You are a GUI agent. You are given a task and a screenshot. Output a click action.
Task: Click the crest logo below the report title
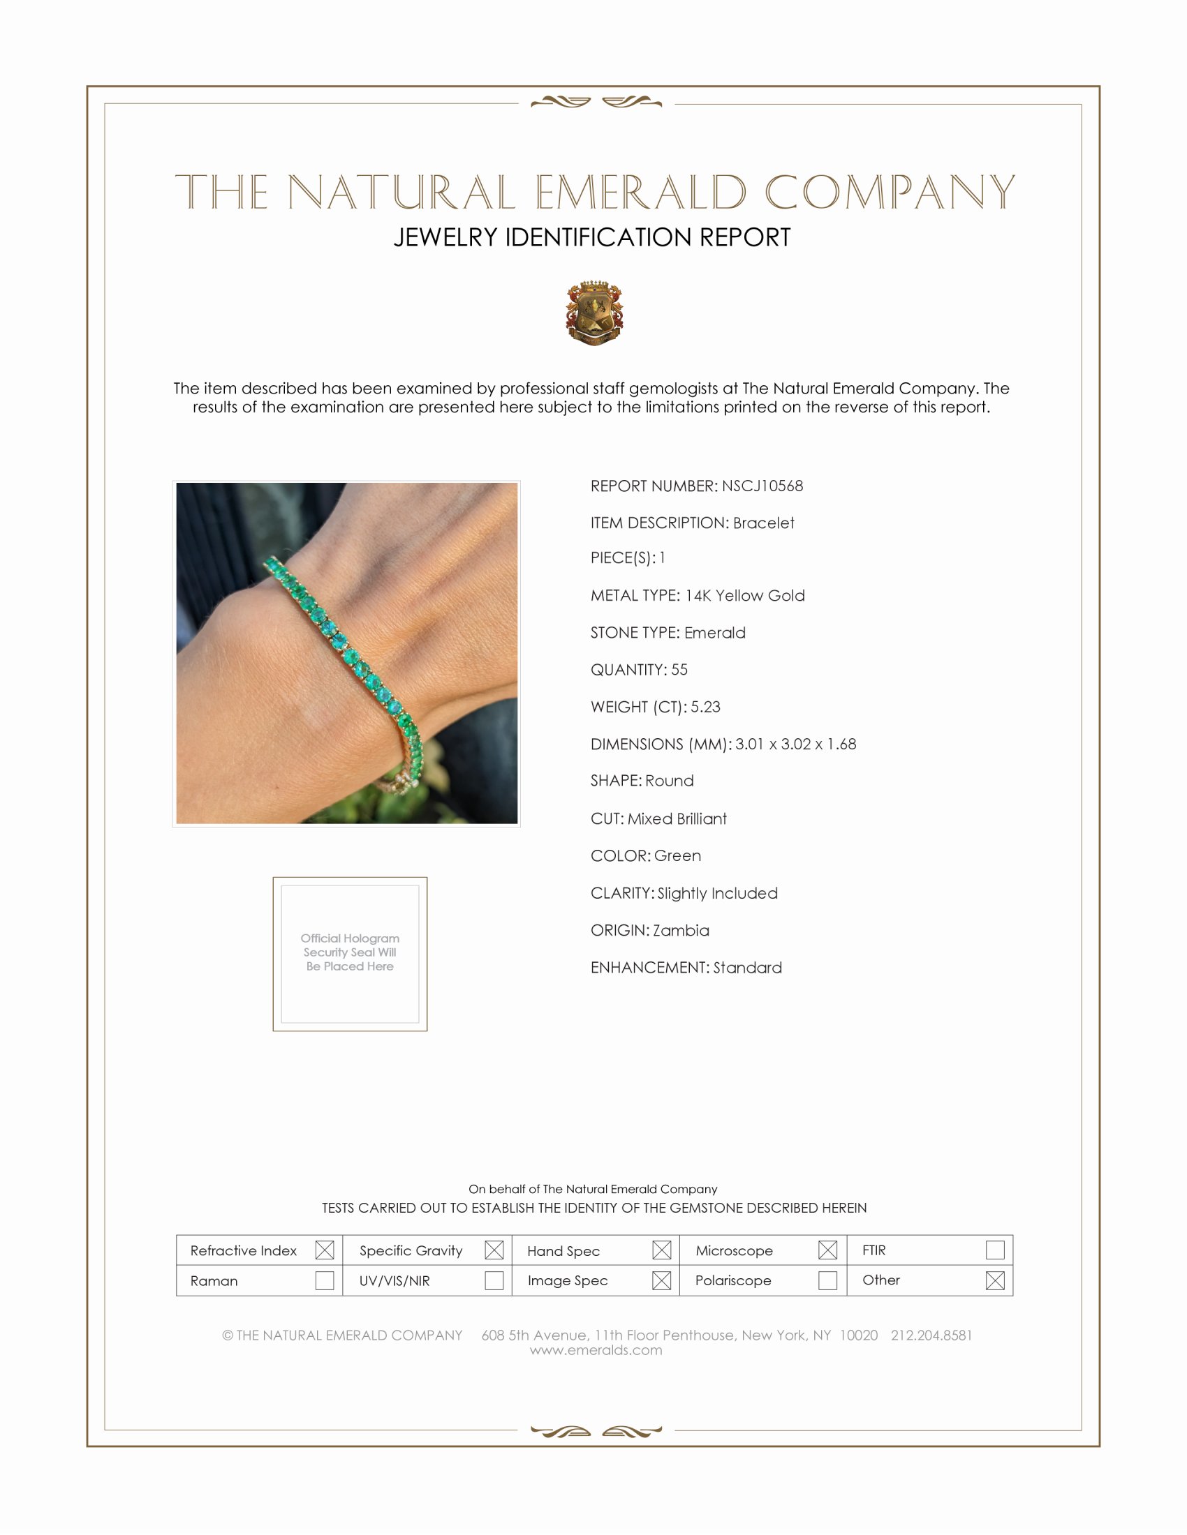594,313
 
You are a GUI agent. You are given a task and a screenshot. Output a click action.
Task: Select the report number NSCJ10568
762,486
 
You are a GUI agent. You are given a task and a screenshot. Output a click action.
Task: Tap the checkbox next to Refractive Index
324,1250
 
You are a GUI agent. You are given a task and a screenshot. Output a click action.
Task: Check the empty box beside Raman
324,1280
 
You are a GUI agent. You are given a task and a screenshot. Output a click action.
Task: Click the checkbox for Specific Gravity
494,1250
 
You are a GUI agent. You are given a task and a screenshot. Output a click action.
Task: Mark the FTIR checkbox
995,1250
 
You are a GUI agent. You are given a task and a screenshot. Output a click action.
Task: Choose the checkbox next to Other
995,1280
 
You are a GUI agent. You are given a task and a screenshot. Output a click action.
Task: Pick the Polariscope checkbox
827,1280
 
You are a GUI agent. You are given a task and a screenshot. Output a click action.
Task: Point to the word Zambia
681,931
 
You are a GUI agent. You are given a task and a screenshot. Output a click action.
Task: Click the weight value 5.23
705,707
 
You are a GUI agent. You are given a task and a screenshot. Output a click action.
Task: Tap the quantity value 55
679,670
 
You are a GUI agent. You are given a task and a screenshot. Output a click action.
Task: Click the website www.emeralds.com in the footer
596,1350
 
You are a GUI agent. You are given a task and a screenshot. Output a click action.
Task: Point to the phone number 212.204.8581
931,1335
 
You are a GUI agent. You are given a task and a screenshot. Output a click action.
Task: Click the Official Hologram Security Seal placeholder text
350,952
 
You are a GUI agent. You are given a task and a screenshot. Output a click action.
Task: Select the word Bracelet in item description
764,523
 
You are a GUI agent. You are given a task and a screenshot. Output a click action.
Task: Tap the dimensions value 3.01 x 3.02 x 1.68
796,744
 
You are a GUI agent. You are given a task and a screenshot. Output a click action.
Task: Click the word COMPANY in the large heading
890,192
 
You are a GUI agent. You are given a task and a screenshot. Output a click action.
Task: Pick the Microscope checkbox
827,1250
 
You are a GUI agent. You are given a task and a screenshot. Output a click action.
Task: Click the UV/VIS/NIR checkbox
494,1280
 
